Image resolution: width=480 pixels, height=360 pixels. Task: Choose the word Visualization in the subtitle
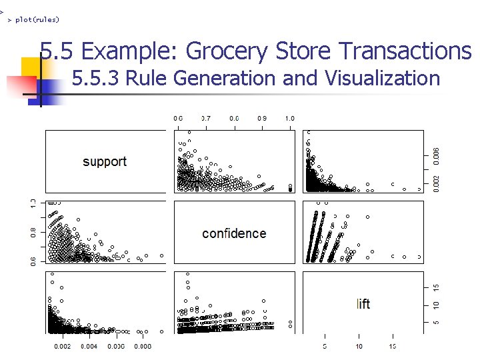click(382, 79)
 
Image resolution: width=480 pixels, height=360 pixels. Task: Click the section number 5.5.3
click(95, 79)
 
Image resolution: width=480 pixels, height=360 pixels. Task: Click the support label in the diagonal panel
click(105, 161)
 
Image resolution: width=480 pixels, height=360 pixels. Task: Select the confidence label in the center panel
click(234, 233)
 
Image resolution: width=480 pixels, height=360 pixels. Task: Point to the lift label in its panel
click(363, 304)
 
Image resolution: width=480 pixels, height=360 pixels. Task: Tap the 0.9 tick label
click(262, 119)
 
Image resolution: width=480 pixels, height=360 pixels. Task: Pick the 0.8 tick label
click(33, 232)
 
